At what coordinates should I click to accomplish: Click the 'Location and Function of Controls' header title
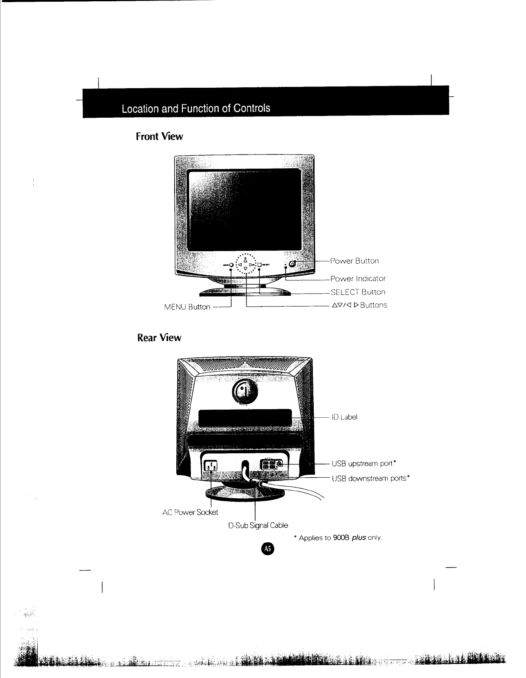(196, 108)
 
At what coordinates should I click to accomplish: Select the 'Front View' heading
(159, 137)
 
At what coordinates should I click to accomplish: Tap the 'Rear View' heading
(159, 338)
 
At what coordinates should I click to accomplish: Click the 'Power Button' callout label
(354, 261)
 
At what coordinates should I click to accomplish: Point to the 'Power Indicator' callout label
(358, 279)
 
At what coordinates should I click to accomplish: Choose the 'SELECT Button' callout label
(358, 292)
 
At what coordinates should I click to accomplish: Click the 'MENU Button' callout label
(187, 307)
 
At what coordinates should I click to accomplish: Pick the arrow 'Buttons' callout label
(360, 305)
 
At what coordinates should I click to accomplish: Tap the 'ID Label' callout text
(345, 417)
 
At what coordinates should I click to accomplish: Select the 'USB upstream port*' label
(364, 464)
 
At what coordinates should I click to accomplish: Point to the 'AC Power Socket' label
(190, 512)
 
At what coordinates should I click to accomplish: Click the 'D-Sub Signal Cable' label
(258, 525)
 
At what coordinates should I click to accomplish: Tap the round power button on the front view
(292, 264)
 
